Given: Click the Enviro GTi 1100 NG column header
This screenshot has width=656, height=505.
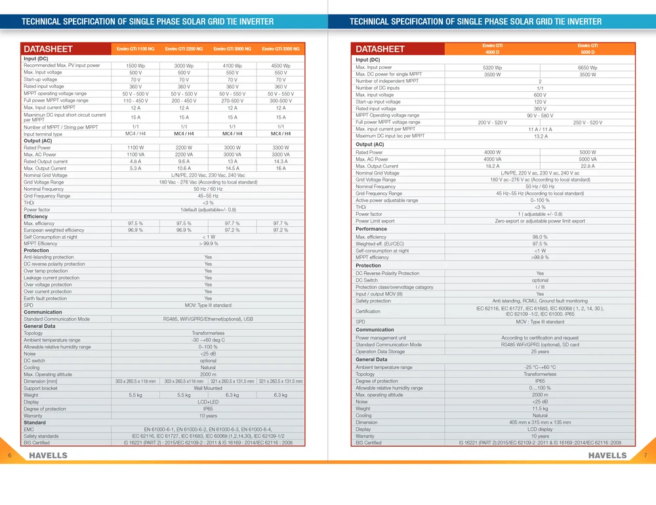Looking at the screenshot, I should coord(136,49).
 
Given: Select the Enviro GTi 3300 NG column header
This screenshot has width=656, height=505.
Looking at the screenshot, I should coord(281,49).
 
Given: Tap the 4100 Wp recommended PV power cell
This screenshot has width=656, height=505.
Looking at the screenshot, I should coord(232,66).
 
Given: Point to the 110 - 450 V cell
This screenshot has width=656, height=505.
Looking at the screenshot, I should coord(136,100).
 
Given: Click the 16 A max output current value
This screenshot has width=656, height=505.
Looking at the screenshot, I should coord(281,169).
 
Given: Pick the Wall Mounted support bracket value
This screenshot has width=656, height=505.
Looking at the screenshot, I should coord(208,388).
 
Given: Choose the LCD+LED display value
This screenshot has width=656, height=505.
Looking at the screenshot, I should coord(208,402).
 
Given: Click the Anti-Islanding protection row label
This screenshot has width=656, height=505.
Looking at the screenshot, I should coord(49,257).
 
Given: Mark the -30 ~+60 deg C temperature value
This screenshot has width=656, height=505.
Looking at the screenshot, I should coord(208,340).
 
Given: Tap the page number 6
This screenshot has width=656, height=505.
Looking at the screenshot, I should coord(10,455).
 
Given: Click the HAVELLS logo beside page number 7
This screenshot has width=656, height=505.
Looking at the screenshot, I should coord(607,455).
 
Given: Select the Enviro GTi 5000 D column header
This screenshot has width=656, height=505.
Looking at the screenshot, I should coord(587,49).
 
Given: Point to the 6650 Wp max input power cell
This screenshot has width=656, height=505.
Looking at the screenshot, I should coord(587,68).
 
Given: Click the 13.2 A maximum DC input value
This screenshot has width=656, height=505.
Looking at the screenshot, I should coord(540,136).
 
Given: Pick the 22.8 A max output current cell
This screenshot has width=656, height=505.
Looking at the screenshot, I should coord(587,166).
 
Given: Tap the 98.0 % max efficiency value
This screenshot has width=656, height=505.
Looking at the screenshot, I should coord(540,237).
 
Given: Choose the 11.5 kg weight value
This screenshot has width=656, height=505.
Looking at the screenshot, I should coord(540,409).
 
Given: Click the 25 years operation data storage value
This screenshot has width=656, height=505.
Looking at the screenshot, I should coord(540,352).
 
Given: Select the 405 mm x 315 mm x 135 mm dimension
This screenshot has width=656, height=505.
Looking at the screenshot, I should coord(540,422).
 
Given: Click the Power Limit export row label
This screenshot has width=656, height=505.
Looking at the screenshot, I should coord(375,221).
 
